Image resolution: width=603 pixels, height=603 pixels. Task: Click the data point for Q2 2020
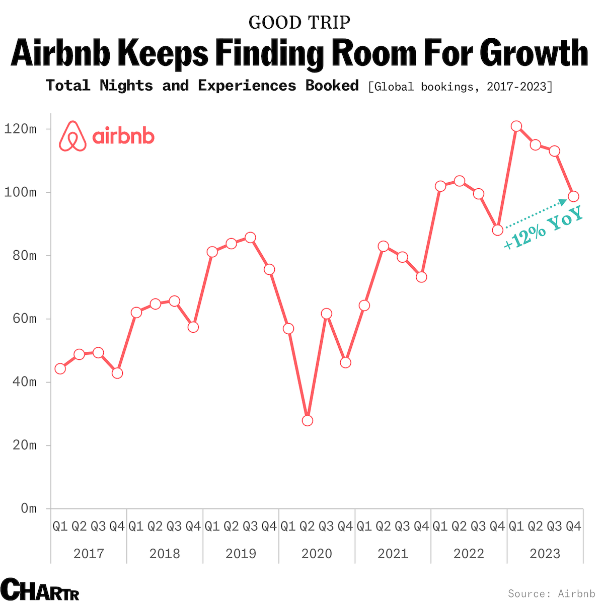coord(308,420)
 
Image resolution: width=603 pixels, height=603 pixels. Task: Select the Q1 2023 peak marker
coord(516,126)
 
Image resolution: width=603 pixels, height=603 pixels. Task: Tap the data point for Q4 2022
coord(497,230)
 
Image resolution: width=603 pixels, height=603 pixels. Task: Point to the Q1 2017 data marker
coord(60,368)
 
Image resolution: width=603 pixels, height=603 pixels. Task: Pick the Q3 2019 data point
coord(250,238)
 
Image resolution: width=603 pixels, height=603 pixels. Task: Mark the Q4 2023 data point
coord(573,196)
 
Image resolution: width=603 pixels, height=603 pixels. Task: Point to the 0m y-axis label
coord(29,508)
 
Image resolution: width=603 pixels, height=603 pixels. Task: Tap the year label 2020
coord(317,554)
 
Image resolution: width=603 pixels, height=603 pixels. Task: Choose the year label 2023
coord(545,554)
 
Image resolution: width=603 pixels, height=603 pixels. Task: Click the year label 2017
coord(89,554)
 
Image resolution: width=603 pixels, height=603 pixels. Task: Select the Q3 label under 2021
coord(402,526)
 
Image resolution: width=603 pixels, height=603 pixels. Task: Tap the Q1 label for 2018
coord(136,526)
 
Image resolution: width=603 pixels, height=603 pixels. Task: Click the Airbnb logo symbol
coord(72,136)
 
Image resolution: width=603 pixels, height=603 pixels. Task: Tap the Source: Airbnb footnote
coord(551,593)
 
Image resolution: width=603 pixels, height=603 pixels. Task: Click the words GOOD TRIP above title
coord(299,22)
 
